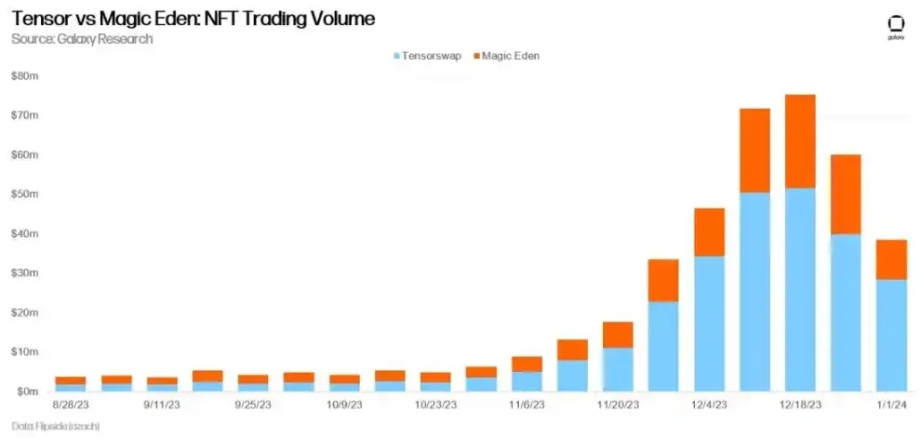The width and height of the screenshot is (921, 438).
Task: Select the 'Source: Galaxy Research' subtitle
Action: click(x=82, y=39)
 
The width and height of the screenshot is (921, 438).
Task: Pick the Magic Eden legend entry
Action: click(x=507, y=56)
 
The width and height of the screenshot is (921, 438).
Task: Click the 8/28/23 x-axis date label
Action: click(x=71, y=405)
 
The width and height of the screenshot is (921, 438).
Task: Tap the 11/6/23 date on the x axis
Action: click(x=527, y=405)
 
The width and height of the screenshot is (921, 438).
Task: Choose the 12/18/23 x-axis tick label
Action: click(x=800, y=405)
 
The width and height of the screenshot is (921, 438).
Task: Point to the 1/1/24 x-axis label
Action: click(x=891, y=405)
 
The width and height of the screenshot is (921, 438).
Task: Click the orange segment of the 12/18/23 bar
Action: click(x=800, y=141)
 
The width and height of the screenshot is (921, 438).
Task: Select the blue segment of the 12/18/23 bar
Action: click(x=800, y=288)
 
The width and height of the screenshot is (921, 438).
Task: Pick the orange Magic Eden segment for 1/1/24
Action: click(x=891, y=259)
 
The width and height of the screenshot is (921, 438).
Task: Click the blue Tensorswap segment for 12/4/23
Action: click(x=709, y=323)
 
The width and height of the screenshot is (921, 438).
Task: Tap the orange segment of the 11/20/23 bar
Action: click(x=618, y=335)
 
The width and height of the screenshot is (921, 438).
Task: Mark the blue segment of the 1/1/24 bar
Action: click(x=891, y=335)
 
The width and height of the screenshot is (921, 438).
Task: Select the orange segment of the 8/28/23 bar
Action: click(x=71, y=380)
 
